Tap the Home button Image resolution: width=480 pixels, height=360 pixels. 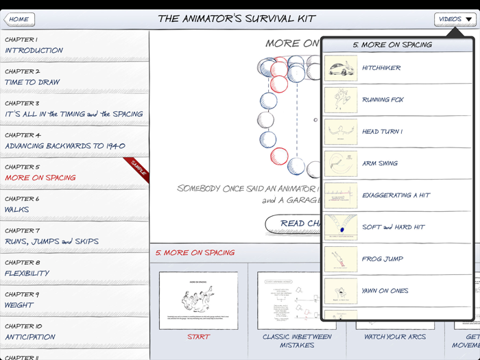click(x=19, y=19)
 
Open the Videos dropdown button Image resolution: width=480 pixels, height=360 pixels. click(x=455, y=19)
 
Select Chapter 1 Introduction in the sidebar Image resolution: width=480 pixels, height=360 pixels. click(x=34, y=45)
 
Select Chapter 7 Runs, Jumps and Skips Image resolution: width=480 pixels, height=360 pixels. click(x=52, y=236)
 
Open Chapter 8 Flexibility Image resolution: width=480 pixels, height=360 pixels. click(x=27, y=268)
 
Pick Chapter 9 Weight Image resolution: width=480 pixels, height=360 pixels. click(x=20, y=300)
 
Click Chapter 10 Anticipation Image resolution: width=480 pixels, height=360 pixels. click(x=30, y=332)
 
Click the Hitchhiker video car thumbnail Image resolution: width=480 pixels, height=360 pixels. click(x=341, y=69)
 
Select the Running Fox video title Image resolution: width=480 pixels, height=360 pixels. click(x=383, y=100)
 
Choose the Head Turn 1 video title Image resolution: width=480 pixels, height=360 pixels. click(x=382, y=132)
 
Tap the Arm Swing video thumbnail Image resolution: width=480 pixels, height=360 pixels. click(x=341, y=164)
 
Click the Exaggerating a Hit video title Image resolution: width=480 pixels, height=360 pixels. click(x=396, y=195)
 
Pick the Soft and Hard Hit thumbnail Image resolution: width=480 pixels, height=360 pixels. click(x=341, y=228)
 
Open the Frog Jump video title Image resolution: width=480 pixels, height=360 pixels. click(x=383, y=259)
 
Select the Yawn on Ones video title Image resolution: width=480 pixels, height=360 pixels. click(x=385, y=291)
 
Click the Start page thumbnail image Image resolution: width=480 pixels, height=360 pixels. click(x=198, y=300)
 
